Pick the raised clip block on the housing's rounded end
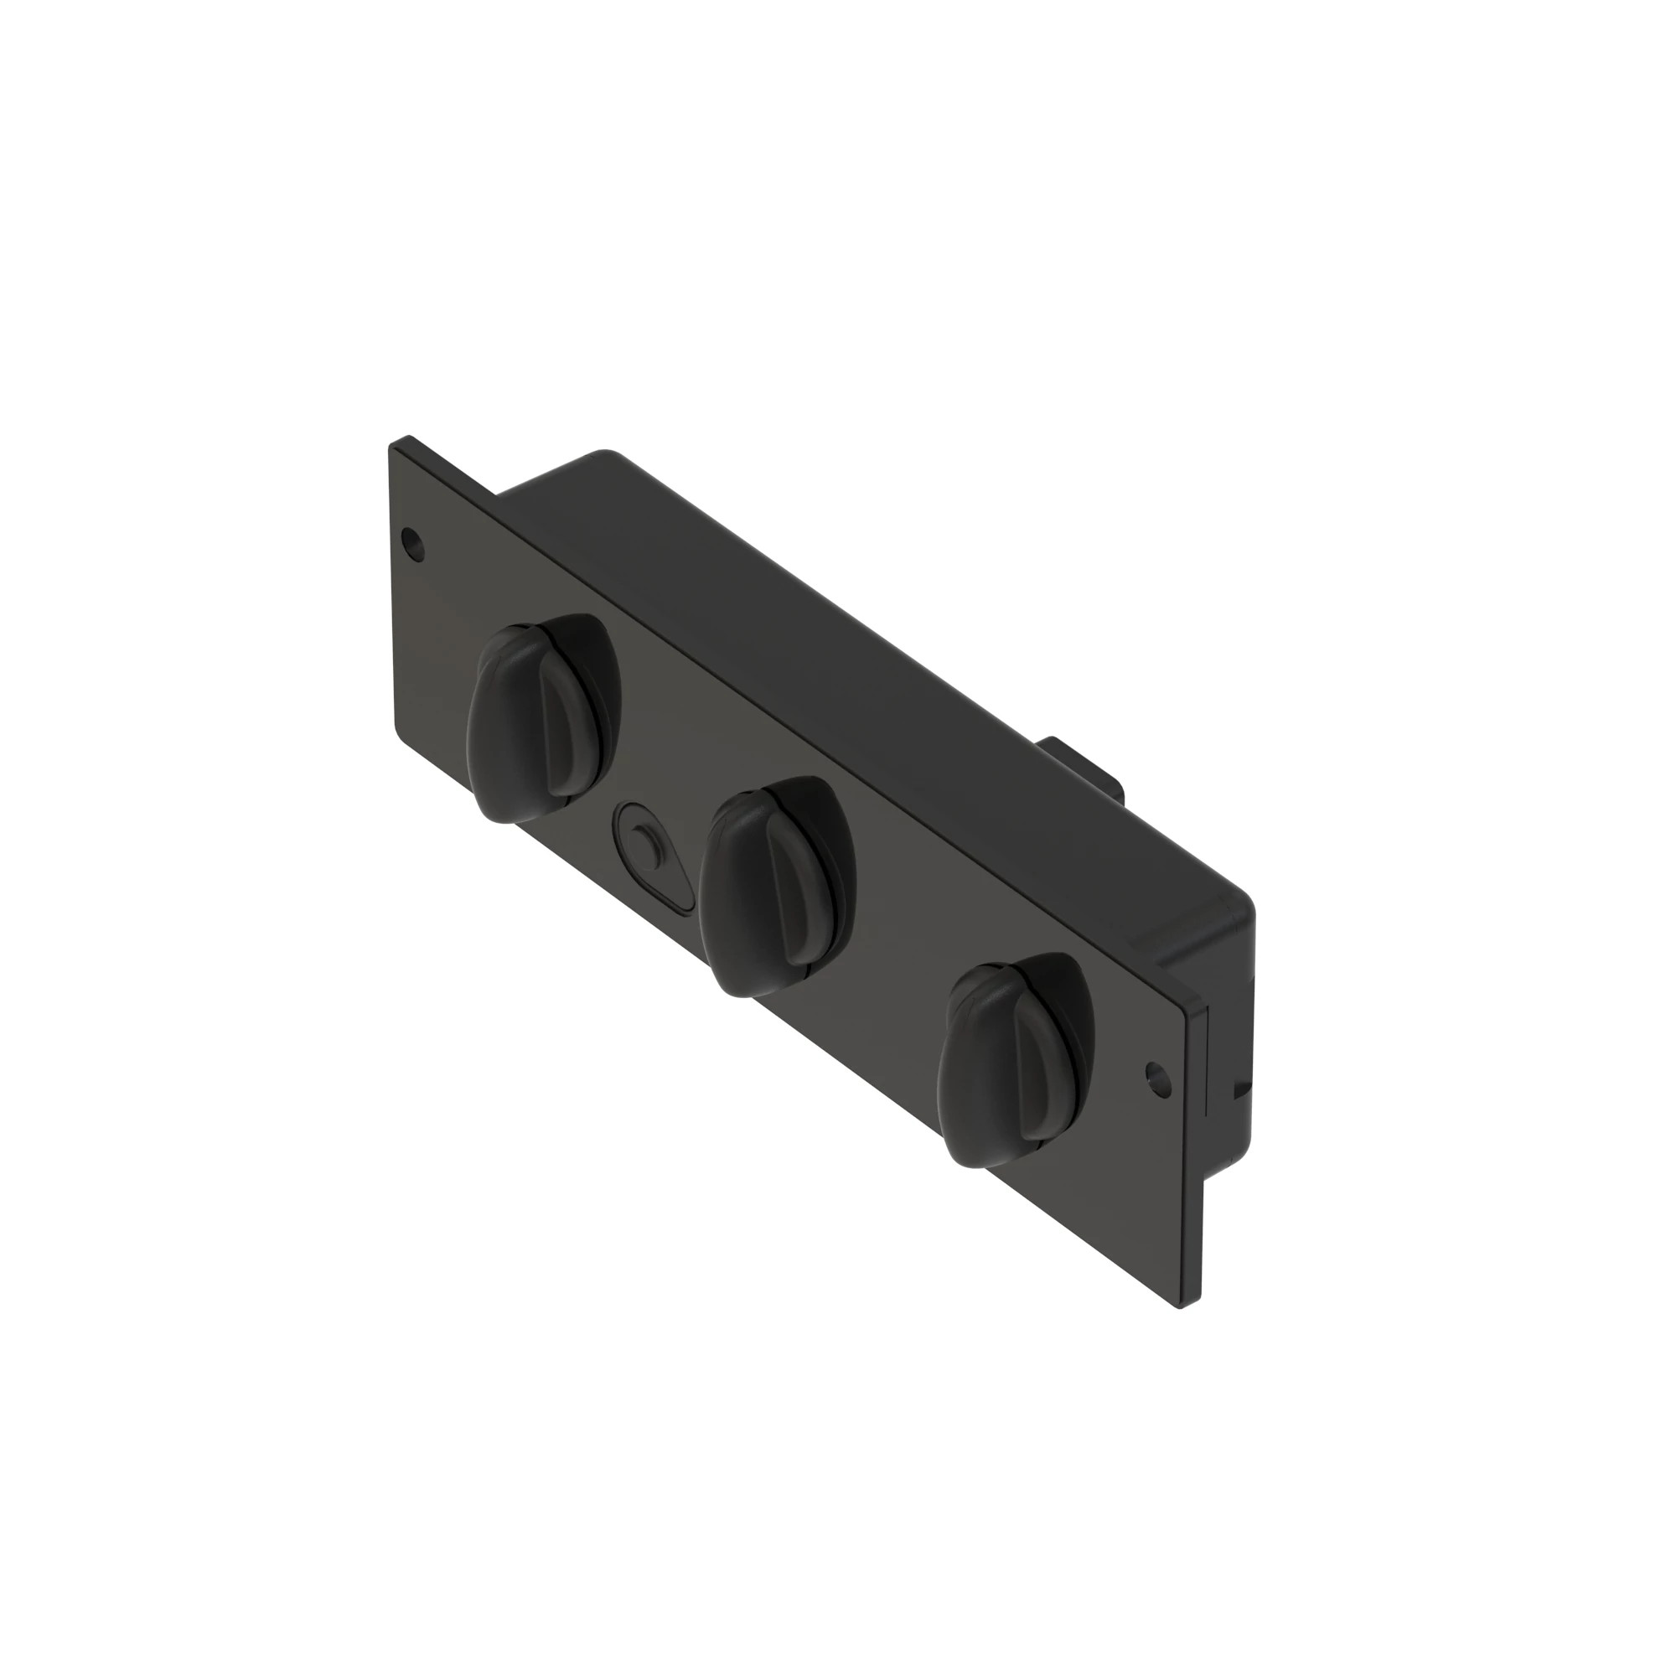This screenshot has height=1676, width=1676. coord(1202,937)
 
